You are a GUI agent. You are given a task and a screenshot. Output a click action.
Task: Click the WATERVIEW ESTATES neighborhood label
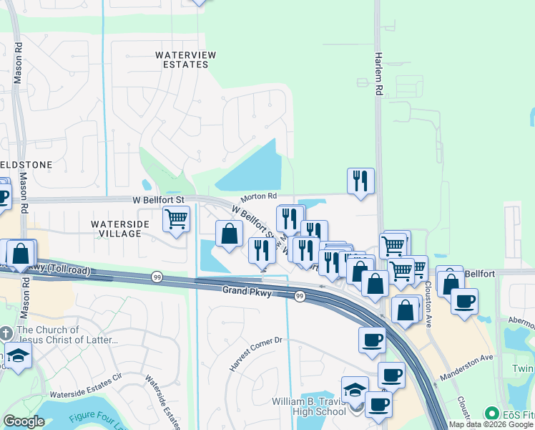click(182, 59)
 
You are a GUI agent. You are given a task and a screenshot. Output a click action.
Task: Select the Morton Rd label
click(258, 196)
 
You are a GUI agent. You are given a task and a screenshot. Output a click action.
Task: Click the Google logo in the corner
click(24, 421)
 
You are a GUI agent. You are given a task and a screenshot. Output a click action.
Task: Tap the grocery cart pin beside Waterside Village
click(176, 219)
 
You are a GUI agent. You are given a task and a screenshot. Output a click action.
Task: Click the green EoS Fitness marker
click(491, 414)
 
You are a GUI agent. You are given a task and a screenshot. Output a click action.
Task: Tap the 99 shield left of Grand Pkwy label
click(156, 277)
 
